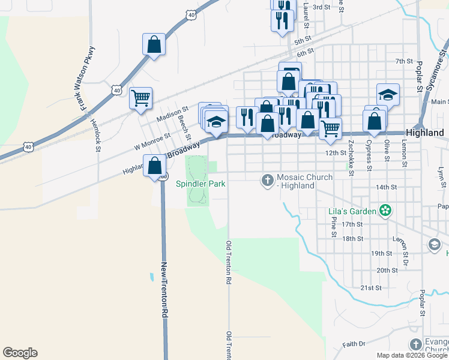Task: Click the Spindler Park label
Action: pos(200,184)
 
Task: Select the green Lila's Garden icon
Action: pos(385,211)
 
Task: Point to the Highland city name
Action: pos(424,133)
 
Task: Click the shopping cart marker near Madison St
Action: pos(140,97)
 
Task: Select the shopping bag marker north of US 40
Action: pos(154,44)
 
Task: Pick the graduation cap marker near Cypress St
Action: pos(388,94)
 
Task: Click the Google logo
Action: pos(20,353)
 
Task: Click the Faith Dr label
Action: pos(354,344)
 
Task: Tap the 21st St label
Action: pos(370,288)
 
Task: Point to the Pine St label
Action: pos(334,227)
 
